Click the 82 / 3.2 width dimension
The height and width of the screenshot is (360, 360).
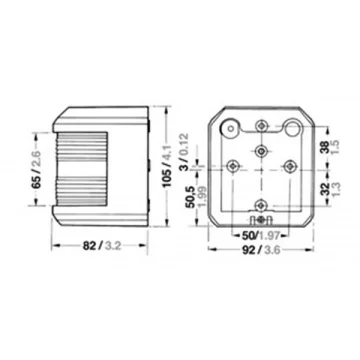pos(101,246)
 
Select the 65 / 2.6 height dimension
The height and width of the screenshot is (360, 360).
pos(36,169)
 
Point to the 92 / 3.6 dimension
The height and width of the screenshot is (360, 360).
pos(261,250)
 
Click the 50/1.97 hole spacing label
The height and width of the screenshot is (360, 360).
pos(259,236)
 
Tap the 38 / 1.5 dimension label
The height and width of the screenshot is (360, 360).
pos(329,147)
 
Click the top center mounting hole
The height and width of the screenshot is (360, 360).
pos(261,126)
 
